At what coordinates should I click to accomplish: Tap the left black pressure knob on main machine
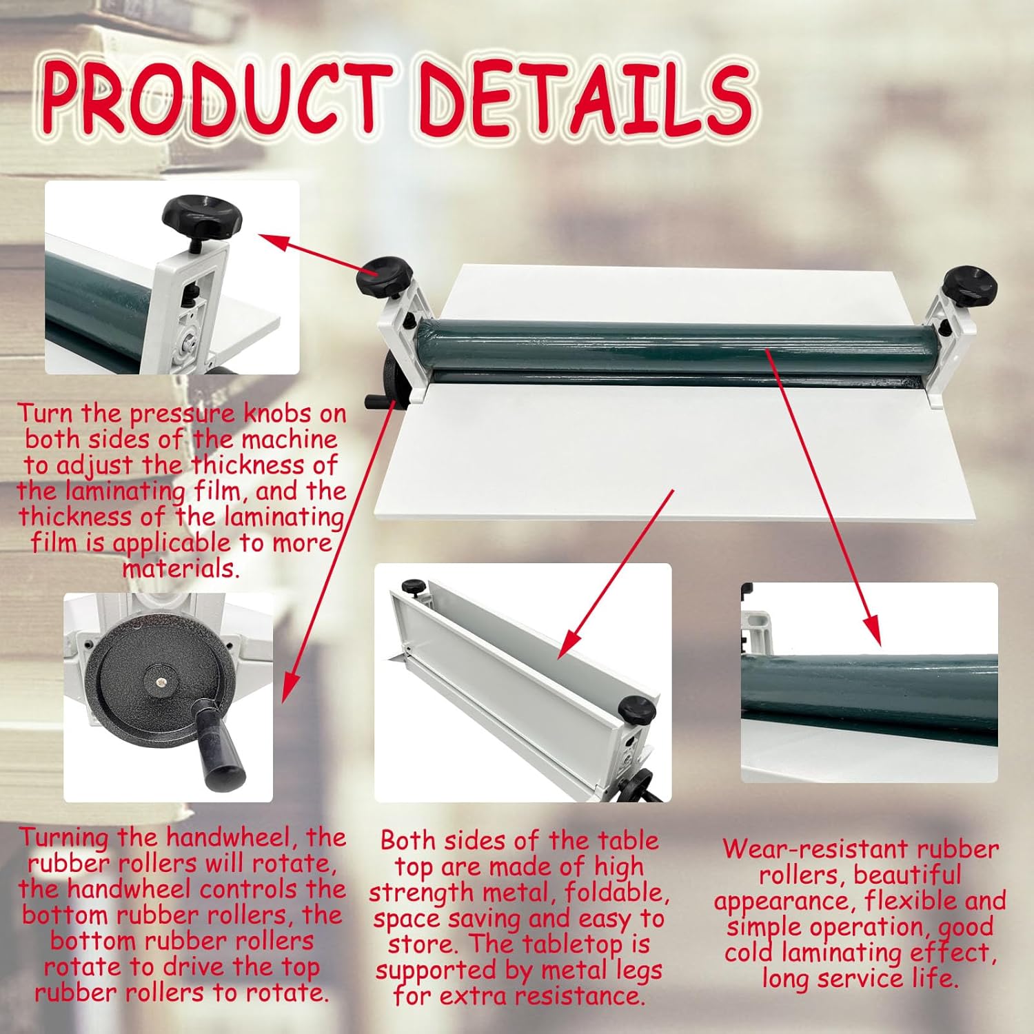[x=384, y=276]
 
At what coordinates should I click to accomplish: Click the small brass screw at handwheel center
[x=160, y=681]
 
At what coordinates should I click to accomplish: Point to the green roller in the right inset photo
[x=869, y=696]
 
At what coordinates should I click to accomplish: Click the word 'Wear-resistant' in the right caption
[x=793, y=849]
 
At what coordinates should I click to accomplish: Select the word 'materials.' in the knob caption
[x=181, y=569]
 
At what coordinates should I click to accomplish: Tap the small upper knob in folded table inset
[x=414, y=587]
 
